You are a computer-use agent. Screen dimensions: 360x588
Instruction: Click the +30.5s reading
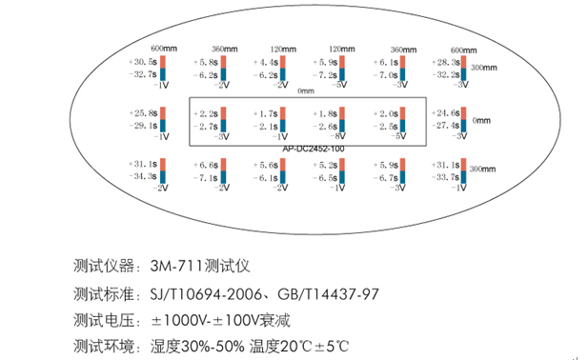tap(141, 61)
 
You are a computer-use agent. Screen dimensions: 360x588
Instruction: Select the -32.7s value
tap(141, 73)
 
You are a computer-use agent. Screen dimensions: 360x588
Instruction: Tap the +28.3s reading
tap(445, 61)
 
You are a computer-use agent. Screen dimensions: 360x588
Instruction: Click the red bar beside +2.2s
tap(225, 112)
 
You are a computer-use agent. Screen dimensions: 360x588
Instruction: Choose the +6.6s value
tap(206, 164)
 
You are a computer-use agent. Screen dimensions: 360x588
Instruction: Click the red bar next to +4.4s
tap(285, 61)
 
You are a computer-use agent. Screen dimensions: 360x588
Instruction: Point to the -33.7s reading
tap(445, 176)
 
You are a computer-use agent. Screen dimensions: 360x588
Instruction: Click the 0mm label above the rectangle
tap(305, 91)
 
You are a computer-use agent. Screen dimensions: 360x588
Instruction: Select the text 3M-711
tap(165, 264)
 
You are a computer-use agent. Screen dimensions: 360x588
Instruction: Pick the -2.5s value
tap(386, 125)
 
